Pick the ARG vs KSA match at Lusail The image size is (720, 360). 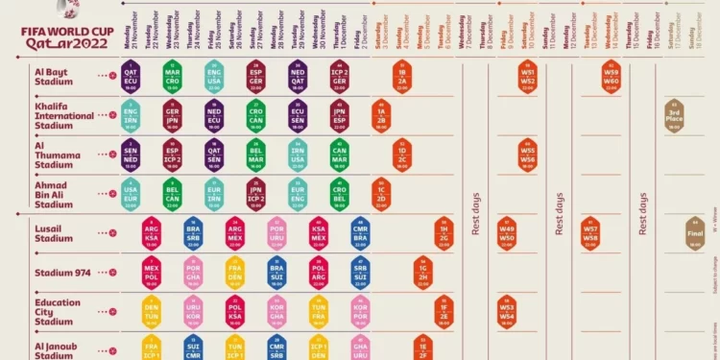151,234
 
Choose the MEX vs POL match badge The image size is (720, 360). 151,272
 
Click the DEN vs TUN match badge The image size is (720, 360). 151,311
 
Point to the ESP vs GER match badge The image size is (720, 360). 255,76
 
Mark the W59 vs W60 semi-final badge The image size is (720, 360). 612,76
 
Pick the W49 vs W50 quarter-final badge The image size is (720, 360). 507,234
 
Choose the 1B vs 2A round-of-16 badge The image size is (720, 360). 402,76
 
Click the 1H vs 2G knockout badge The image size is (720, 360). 444,234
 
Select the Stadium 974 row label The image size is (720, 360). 62,273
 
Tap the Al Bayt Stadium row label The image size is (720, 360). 55,76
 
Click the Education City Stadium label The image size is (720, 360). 57,311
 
